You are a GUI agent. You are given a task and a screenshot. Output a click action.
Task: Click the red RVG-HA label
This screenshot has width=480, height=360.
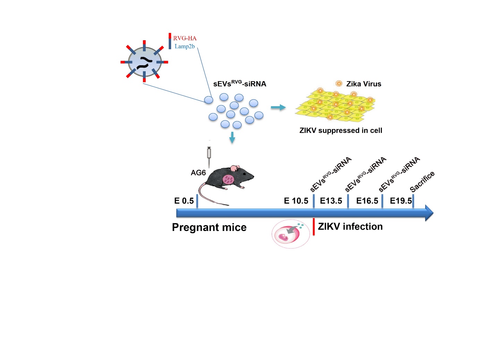tap(185, 38)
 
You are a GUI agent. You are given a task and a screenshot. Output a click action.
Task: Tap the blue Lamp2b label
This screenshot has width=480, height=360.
tap(185, 46)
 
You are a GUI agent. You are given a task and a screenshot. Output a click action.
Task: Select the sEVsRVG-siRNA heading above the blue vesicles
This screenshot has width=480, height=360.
tap(240, 84)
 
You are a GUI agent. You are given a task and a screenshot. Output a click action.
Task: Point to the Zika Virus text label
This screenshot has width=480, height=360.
tap(363, 84)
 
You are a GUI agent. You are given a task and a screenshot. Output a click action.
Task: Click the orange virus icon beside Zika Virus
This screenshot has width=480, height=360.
tap(339, 83)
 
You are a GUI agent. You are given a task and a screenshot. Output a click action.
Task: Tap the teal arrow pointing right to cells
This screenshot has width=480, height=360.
tap(278, 108)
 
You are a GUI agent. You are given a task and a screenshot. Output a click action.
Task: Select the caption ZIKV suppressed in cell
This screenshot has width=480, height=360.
tap(341, 130)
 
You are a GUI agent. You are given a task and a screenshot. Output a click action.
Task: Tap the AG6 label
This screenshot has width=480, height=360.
tap(198, 173)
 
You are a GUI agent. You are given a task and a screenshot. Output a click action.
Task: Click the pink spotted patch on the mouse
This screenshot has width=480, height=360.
tap(228, 179)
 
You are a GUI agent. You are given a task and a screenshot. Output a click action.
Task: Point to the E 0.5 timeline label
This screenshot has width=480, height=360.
tap(184, 201)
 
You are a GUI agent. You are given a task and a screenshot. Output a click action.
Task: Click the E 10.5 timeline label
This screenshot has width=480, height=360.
tap(296, 201)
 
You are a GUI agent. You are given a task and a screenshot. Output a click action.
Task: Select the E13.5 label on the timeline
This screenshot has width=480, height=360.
tap(331, 201)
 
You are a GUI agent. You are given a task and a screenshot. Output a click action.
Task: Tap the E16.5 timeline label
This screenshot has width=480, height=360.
tap(367, 201)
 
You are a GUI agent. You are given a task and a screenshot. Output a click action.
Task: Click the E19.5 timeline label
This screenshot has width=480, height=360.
tap(401, 201)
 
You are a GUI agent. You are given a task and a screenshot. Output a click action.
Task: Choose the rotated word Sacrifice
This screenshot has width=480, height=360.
tap(422, 181)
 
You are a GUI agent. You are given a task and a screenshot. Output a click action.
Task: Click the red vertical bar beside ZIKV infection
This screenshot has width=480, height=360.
tap(314, 227)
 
